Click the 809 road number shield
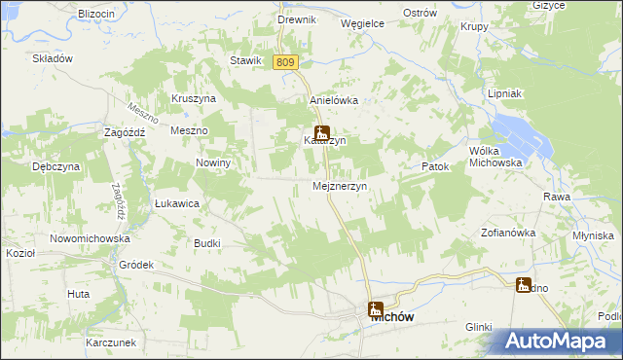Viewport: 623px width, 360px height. point(284,62)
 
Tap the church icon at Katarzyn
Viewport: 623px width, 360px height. point(321,134)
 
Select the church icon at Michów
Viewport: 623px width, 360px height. point(376,309)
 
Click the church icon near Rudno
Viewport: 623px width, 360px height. point(524,286)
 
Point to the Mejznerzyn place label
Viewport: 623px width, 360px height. point(339,186)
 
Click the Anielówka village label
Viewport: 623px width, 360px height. point(334,100)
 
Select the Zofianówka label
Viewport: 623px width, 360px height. point(509,233)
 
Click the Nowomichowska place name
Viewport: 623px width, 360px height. point(90,237)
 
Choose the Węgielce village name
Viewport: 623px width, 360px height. point(362,22)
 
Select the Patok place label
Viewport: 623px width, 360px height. point(435,166)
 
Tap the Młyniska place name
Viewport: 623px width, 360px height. point(594,235)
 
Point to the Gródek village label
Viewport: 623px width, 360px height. point(136,264)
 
